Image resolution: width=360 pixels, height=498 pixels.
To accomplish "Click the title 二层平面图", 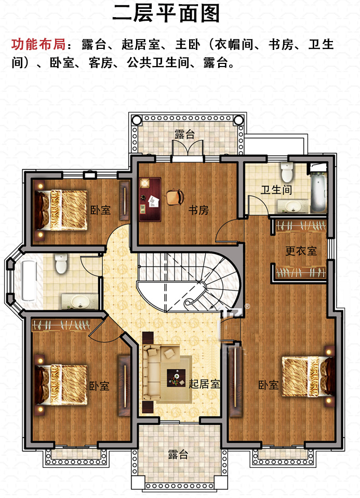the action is pos(166,14).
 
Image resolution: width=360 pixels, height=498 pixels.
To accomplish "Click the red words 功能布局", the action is pos(39,44).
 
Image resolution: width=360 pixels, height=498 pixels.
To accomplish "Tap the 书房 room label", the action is pos(198,210).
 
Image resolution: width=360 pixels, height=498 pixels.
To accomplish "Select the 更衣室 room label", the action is pos(301,251).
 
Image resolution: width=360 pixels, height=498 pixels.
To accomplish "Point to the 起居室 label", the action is pos(204,384).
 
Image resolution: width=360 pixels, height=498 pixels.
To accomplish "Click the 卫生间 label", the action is pos(276,190).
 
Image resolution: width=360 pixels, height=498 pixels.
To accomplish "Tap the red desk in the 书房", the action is pos(150,199).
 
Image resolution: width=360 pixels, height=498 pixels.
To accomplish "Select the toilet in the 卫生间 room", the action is pos(287,173).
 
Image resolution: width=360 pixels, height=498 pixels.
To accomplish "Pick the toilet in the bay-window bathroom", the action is pos(61,263).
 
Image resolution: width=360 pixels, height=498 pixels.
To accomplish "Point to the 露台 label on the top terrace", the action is pos(184,134).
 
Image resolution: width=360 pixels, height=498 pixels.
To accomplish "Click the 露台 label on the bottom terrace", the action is pos(178,454).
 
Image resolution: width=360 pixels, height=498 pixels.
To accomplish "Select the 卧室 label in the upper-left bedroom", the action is pos(100,210).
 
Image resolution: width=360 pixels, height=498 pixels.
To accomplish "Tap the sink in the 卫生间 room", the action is pos(292,206).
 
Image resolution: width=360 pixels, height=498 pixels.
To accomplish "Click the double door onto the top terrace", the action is pos(188,149).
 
